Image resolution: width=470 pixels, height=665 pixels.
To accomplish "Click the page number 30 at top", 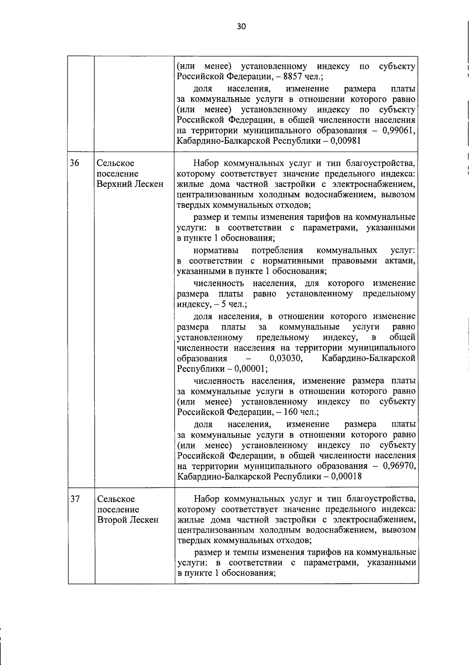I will [x=241, y=27].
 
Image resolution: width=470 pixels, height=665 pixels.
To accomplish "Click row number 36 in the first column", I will [x=74, y=163].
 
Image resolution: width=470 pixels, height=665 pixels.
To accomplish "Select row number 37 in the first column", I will [x=75, y=499].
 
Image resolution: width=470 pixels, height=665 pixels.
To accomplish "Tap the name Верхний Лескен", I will [x=130, y=184].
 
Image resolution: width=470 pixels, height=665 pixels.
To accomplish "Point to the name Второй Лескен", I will [x=128, y=520].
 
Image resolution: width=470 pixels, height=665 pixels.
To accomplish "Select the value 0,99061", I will [x=398, y=130].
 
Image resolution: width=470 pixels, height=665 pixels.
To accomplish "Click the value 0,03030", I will [x=286, y=359].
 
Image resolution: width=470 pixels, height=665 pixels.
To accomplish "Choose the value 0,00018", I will [x=346, y=477].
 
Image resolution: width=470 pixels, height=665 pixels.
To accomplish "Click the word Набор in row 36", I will [x=206, y=163].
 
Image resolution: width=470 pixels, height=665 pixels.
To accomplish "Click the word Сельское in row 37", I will [x=116, y=499].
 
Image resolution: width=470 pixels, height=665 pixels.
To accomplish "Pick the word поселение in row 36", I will [x=117, y=174].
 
